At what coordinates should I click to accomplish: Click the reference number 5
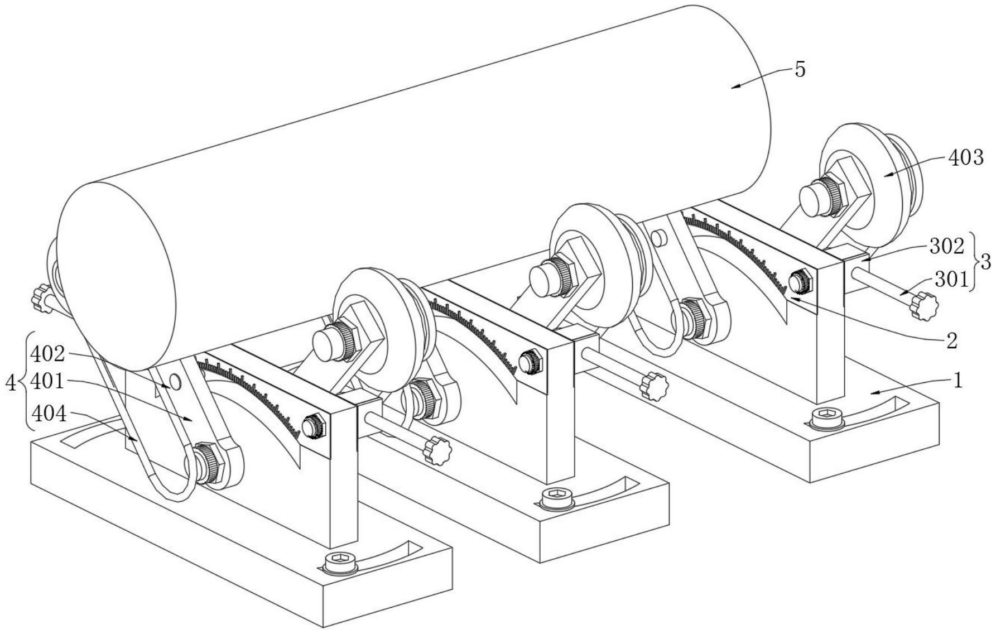coord(800,70)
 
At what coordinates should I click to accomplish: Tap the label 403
coord(966,158)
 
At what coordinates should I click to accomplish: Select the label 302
coord(947,246)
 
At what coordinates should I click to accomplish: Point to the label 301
coord(951,279)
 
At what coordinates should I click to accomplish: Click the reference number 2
coord(952,340)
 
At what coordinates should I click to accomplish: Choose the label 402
coord(48,354)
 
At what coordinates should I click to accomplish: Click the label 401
coord(48,382)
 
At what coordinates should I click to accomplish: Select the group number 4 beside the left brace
coord(10,383)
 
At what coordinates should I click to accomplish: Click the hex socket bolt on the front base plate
coord(340,562)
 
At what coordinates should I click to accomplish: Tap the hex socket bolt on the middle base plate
coord(557,497)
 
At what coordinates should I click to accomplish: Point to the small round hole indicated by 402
coord(175,382)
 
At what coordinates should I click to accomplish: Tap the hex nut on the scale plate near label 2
coord(801,281)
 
